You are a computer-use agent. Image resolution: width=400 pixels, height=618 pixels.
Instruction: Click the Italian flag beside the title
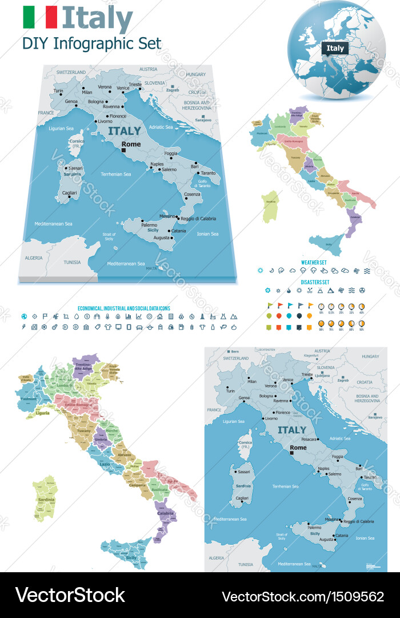coord(40,17)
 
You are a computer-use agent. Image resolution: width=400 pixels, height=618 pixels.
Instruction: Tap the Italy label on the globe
coord(335,48)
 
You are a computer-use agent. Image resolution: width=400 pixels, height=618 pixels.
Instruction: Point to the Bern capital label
coord(232,351)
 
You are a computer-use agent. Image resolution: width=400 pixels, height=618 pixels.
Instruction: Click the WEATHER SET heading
coord(314,262)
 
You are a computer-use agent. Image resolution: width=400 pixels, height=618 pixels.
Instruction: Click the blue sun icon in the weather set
coord(261,271)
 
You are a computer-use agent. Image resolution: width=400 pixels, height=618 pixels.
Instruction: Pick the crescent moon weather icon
coord(271,271)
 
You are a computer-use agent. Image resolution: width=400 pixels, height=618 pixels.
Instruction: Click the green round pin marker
coord(269,316)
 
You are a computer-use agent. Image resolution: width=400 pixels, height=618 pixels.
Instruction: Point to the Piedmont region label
coord(29,398)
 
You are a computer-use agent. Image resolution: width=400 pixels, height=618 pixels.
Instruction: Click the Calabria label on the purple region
coord(165,513)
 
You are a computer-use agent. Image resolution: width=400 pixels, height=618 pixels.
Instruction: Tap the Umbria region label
coord(101,438)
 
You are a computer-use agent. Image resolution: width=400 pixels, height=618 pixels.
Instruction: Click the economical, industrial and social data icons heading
coord(123,308)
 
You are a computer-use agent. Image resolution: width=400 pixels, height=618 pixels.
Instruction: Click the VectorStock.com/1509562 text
coord(302,596)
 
